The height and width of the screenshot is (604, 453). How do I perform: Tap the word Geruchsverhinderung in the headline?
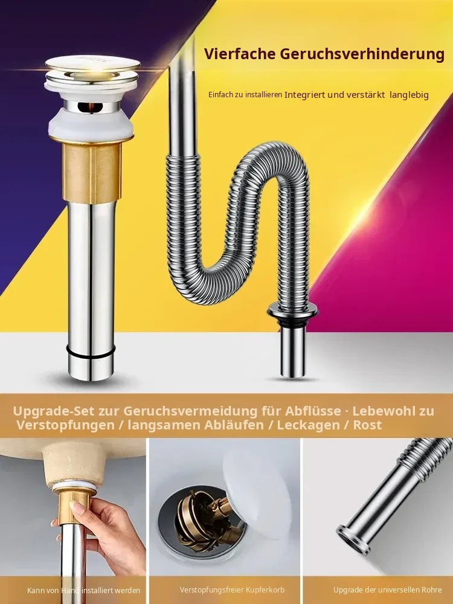(x=362, y=54)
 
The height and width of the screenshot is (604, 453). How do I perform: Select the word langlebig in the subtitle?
(x=409, y=95)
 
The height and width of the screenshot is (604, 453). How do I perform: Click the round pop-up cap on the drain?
(x=92, y=69)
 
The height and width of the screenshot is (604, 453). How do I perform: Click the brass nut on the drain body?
(x=92, y=170)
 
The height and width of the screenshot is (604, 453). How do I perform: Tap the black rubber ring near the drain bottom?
(x=91, y=352)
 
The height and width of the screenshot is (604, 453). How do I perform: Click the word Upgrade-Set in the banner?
(x=54, y=411)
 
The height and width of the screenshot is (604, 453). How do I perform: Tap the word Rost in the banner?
(x=367, y=425)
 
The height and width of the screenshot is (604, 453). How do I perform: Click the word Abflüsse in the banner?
(x=313, y=411)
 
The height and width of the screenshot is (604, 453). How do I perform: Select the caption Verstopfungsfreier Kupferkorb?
(x=233, y=590)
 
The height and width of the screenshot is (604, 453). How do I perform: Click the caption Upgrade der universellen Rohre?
(x=388, y=590)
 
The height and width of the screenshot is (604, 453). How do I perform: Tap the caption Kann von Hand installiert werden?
(x=83, y=590)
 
